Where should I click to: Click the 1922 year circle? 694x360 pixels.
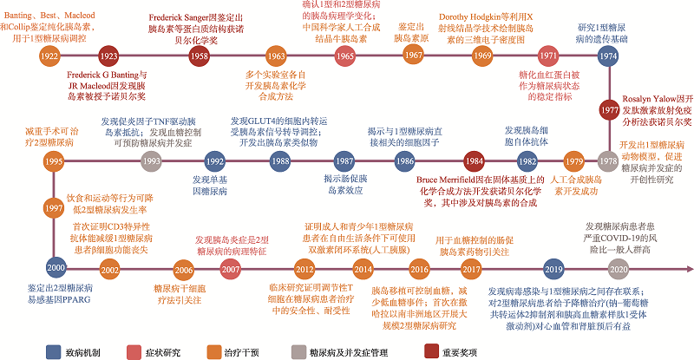49,56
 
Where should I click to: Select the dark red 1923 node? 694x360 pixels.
108,56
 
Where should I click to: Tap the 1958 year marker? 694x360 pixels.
198,56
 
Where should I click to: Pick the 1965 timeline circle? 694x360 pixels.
344,56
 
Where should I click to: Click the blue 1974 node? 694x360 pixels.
608,56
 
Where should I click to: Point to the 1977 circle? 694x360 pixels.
608,111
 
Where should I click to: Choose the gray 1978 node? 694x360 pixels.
608,161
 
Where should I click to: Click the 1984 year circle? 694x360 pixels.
473,161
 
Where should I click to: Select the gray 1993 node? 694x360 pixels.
152,161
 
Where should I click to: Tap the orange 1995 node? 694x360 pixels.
54,161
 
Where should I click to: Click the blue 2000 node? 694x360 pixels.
56,270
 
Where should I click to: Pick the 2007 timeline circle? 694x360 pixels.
230,270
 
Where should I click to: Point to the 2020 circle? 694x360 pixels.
606,270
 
